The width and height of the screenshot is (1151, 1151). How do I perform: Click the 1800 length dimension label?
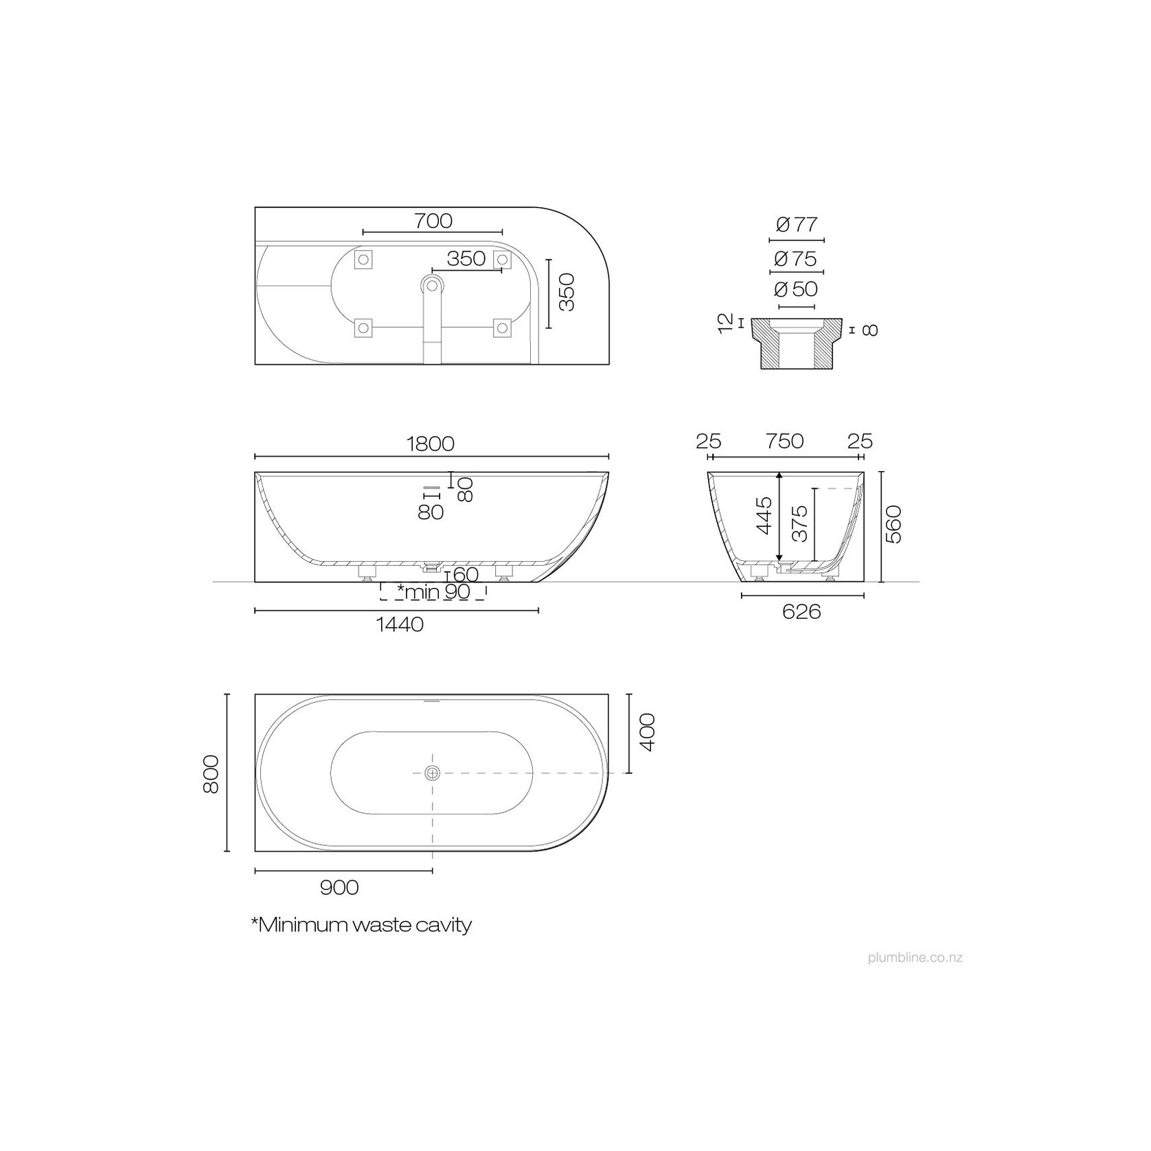tap(431, 444)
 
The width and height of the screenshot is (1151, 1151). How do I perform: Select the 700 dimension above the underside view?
tap(433, 221)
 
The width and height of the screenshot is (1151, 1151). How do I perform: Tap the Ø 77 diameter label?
tap(797, 225)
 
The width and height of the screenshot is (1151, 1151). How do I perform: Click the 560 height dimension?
tap(893, 525)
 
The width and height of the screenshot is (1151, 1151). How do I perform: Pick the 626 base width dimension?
tap(801, 611)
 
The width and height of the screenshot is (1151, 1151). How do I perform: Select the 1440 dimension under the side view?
tap(400, 624)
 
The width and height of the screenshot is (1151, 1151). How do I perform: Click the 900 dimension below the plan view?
tap(339, 888)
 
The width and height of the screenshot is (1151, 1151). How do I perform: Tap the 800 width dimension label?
tap(211, 774)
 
